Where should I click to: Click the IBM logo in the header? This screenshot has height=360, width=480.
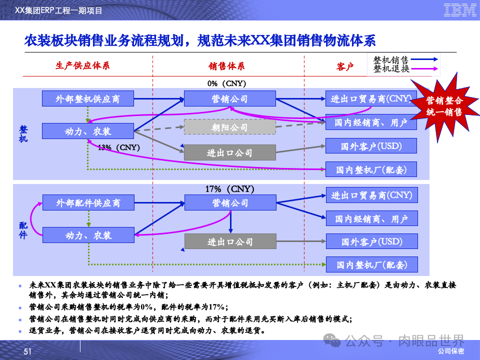pos(459,10)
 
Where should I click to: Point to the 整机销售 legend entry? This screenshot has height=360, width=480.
pos(391,59)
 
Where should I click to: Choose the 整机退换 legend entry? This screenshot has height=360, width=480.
pos(391,69)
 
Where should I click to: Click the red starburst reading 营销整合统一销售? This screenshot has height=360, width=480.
pos(444,105)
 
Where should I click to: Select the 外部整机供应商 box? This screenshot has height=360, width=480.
pos(88,98)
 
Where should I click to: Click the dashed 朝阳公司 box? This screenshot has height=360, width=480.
pos(229,127)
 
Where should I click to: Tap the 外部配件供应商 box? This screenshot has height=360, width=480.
pos(88,203)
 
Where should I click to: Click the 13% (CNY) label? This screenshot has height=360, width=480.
pos(118,147)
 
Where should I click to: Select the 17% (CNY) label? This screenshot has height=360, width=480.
pos(230,189)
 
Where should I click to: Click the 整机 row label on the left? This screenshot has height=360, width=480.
pos(23,133)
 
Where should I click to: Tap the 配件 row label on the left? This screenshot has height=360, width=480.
pos(23,230)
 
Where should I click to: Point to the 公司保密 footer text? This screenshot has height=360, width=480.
pos(450,352)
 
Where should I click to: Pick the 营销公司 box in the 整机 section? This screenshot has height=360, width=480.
pos(229,98)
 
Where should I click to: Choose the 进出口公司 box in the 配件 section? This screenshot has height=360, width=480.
pos(230,242)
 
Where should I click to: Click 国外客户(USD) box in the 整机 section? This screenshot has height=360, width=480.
pos(371,146)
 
